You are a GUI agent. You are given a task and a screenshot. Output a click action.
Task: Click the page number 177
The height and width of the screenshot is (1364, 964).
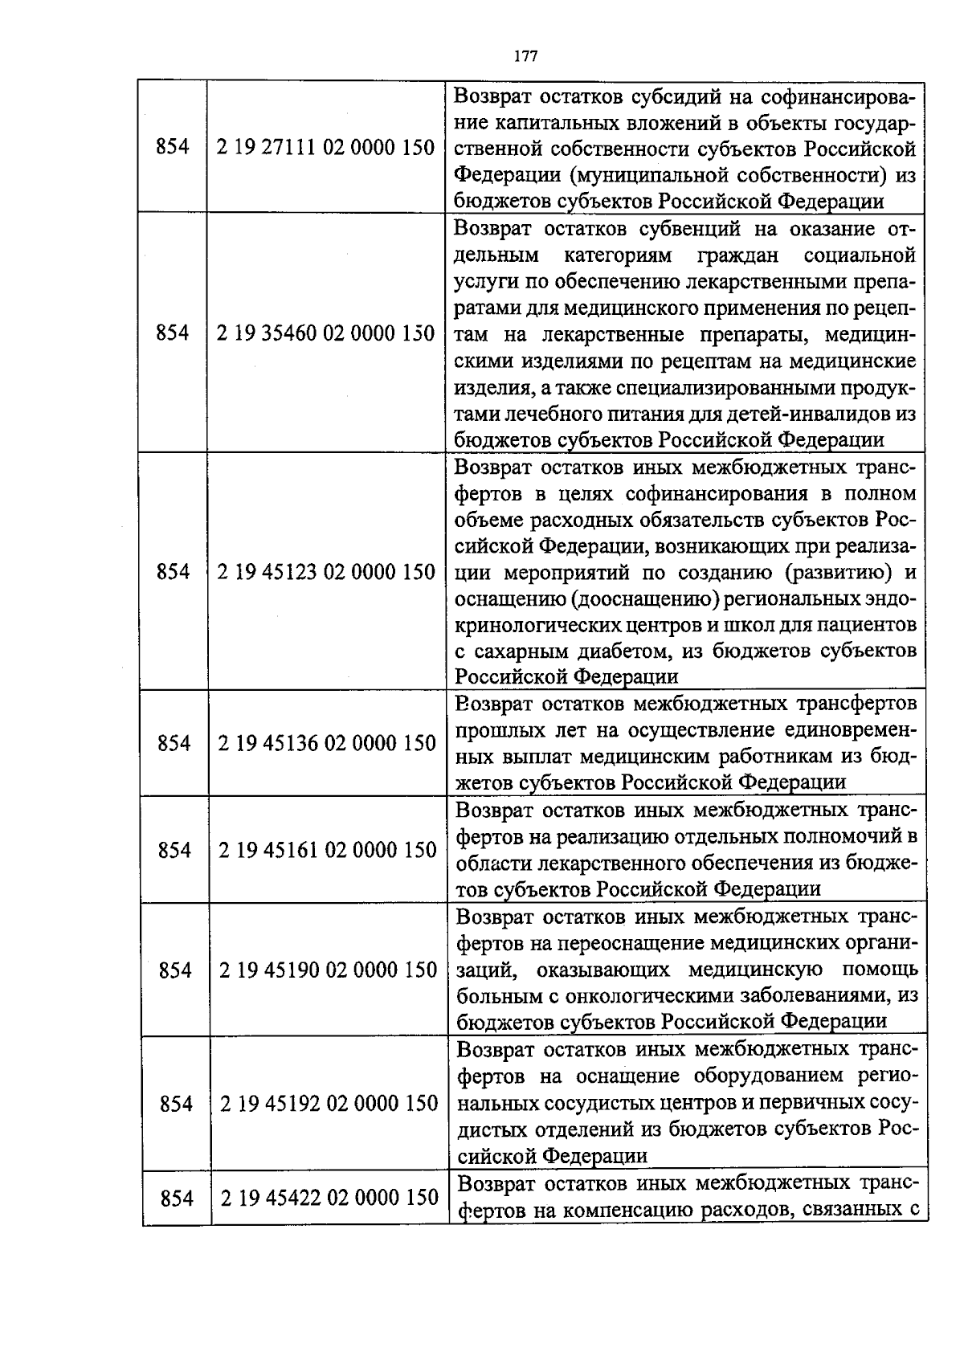[x=525, y=56]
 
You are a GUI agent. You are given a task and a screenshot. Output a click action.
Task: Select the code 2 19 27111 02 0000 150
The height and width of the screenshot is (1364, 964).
[x=326, y=148]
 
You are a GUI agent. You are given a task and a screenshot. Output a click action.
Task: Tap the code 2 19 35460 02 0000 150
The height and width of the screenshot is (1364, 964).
[x=326, y=333]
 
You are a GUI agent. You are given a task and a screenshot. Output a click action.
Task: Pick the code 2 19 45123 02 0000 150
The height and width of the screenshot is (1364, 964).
[x=327, y=572]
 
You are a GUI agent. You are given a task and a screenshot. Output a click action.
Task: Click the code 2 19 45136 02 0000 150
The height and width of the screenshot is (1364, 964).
[x=327, y=743]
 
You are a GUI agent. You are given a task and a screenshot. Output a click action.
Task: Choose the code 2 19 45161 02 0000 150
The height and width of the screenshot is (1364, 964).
[x=328, y=850]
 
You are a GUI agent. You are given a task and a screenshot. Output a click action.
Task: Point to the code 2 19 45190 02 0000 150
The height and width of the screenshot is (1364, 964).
[x=329, y=970]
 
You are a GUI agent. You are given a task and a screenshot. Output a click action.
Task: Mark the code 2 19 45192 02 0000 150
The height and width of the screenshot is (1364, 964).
[x=329, y=1104]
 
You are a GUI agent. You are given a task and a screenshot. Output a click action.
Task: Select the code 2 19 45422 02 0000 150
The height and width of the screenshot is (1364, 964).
[x=329, y=1199]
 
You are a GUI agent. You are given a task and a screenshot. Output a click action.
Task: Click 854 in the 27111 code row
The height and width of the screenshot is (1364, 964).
[x=173, y=148]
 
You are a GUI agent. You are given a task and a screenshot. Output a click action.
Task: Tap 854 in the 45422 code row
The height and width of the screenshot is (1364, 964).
[x=177, y=1199]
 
